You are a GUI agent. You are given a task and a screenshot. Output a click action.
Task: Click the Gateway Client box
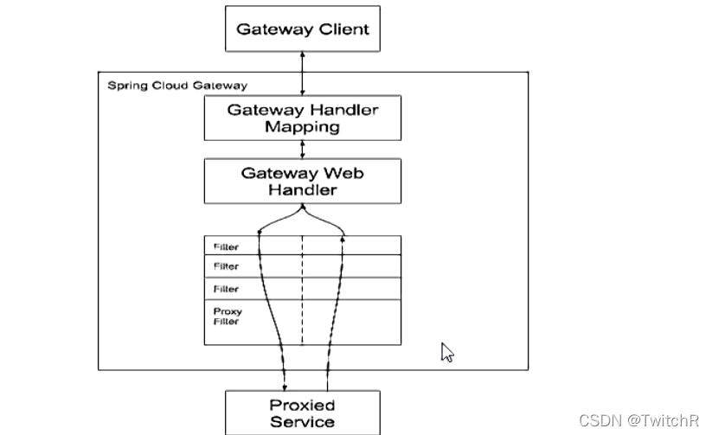tap(303, 29)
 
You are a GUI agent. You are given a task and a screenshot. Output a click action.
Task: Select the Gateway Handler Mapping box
tap(303, 118)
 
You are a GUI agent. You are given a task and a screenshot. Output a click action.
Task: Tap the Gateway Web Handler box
tap(303, 181)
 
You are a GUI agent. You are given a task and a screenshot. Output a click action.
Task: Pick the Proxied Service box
tap(303, 413)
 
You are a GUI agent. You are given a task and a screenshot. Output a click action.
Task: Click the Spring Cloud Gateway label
tap(176, 86)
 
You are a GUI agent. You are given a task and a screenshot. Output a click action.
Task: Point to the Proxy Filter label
tap(228, 317)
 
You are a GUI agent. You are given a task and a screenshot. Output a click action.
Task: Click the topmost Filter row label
tap(226, 247)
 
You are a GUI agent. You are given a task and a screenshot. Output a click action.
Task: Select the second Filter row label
tap(226, 267)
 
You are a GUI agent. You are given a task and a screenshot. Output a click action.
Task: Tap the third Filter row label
tap(226, 289)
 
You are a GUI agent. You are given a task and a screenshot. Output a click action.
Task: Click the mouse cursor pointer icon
tap(447, 352)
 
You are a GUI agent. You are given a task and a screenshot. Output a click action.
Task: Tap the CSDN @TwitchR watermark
tap(638, 420)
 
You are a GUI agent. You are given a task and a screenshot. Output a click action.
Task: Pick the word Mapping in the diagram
tap(303, 127)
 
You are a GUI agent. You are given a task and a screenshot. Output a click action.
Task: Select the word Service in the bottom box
tap(302, 423)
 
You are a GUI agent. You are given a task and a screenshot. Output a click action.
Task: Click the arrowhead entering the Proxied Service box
tap(285, 387)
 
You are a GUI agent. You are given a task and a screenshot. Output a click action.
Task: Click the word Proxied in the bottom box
tap(302, 405)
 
